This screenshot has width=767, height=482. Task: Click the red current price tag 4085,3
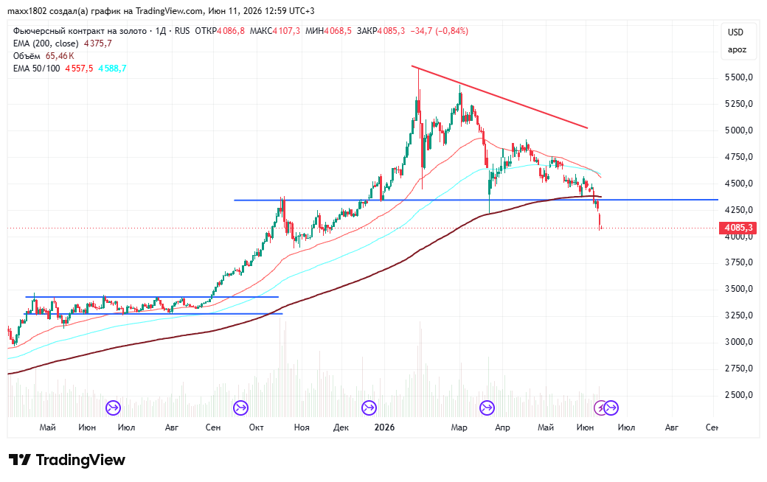[x=737, y=228]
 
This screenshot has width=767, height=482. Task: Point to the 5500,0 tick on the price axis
[x=739, y=77]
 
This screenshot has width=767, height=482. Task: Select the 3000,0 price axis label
[x=739, y=342]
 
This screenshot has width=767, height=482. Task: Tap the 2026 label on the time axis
[x=384, y=427]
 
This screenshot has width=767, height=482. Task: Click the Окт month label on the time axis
[x=256, y=427]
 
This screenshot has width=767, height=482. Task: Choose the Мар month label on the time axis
[x=459, y=427]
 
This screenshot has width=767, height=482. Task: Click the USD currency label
[x=736, y=32]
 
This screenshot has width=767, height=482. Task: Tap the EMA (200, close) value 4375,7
[x=98, y=43]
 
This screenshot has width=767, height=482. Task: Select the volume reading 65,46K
[x=60, y=56]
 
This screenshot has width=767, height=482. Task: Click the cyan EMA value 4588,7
[x=112, y=69]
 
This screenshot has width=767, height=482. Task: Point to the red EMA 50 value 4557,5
[x=79, y=69]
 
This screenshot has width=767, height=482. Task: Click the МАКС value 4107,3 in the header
[x=286, y=31]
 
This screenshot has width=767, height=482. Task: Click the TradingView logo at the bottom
[x=67, y=460]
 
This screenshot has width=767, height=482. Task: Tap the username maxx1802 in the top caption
[x=27, y=11]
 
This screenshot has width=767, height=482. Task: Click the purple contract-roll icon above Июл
[x=113, y=408]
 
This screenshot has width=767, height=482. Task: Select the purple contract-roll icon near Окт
[x=240, y=408]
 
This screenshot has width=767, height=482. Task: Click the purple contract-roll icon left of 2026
[x=369, y=408]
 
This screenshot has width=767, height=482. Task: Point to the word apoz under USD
[x=737, y=50]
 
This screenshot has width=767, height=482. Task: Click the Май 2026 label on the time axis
[x=546, y=427]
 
